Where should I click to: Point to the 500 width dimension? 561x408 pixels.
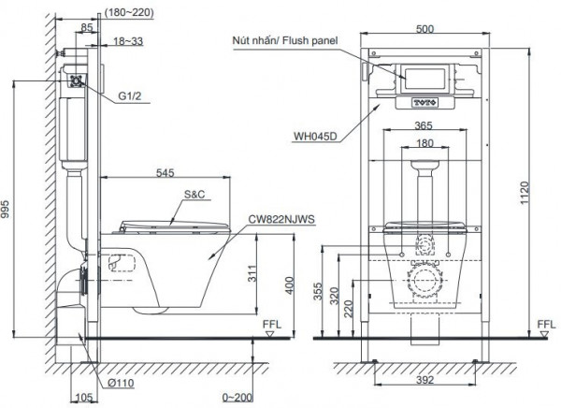[x=426, y=30]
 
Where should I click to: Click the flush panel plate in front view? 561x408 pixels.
[x=424, y=78]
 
